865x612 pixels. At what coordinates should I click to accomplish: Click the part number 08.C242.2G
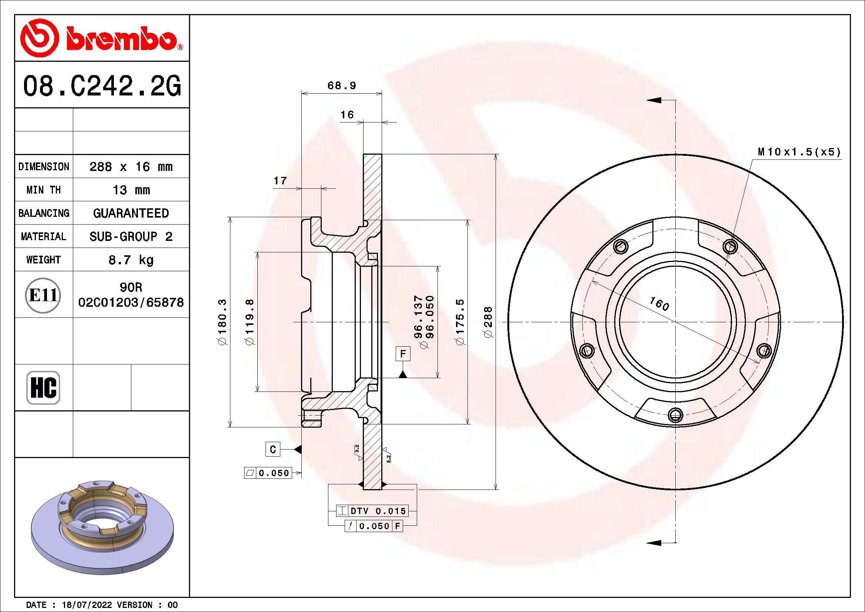coord(102,86)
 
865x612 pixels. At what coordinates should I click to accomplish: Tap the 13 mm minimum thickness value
coord(131,190)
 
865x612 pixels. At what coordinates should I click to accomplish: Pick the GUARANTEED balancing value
coord(131,213)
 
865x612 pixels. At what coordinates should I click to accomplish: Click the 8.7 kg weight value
coord(131,260)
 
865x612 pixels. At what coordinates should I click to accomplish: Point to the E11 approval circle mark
coord(43,295)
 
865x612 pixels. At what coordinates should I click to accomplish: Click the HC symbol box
coord(43,387)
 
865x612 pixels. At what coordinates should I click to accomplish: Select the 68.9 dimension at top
coord(342,85)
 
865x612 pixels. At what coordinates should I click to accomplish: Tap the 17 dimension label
coord(280,181)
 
